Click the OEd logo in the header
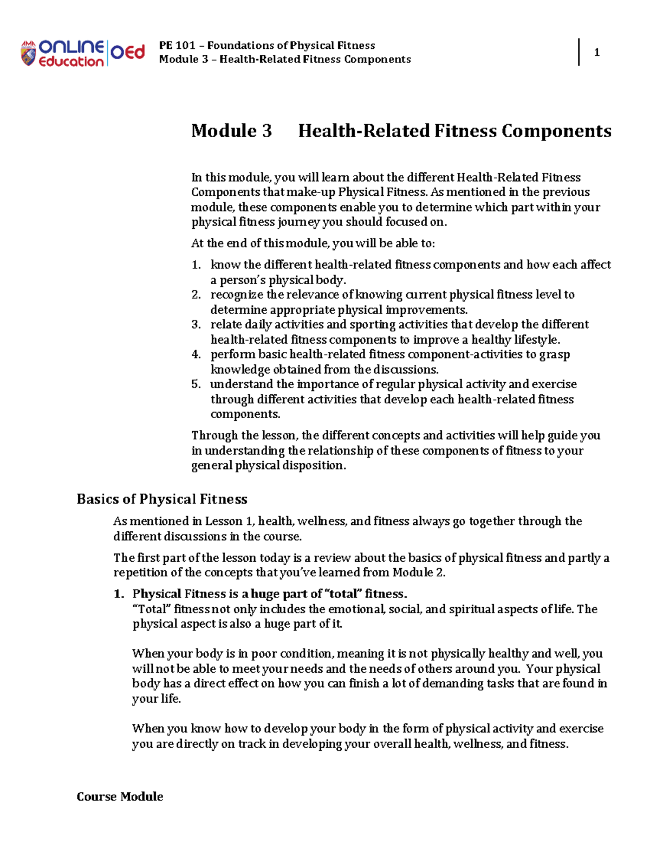pyautogui.click(x=128, y=52)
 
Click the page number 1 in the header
pyautogui.click(x=597, y=53)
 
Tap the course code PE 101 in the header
pyautogui.click(x=177, y=46)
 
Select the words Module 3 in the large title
pyautogui.click(x=231, y=131)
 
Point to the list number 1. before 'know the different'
pyautogui.click(x=196, y=265)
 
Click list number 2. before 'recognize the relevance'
pyautogui.click(x=196, y=295)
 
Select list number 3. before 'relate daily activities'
pyautogui.click(x=196, y=325)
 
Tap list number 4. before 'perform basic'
pyautogui.click(x=196, y=355)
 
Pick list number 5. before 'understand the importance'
pyautogui.click(x=196, y=384)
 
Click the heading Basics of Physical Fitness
pyautogui.click(x=162, y=499)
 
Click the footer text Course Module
pyautogui.click(x=120, y=796)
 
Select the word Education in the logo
pyautogui.click(x=71, y=62)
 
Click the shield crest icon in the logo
pyautogui.click(x=28, y=53)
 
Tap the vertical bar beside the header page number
pyautogui.click(x=579, y=52)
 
